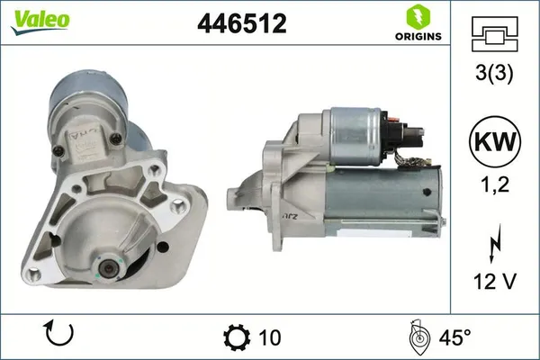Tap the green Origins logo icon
(416, 15)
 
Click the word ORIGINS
(416, 37)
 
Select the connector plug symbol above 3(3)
(494, 34)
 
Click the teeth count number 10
(269, 337)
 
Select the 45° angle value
(454, 337)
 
